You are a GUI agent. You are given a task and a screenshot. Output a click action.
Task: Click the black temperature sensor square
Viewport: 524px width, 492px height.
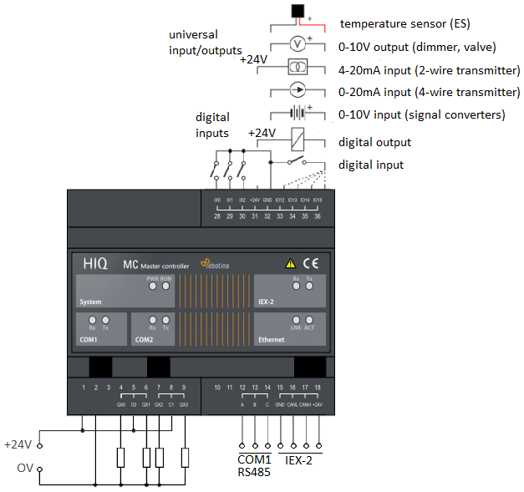click(297, 12)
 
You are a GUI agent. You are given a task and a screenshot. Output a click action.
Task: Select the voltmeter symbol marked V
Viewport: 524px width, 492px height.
click(297, 43)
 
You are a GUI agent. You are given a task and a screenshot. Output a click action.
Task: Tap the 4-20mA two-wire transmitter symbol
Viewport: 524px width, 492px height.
click(297, 66)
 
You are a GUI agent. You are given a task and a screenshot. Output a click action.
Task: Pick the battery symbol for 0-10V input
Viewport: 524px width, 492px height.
click(297, 112)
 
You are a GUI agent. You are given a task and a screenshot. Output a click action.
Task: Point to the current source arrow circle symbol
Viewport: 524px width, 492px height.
click(297, 89)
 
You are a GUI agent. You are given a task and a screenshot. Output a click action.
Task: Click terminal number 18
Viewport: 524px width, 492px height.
click(318, 388)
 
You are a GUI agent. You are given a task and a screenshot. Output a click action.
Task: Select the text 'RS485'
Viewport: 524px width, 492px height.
click(254, 472)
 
